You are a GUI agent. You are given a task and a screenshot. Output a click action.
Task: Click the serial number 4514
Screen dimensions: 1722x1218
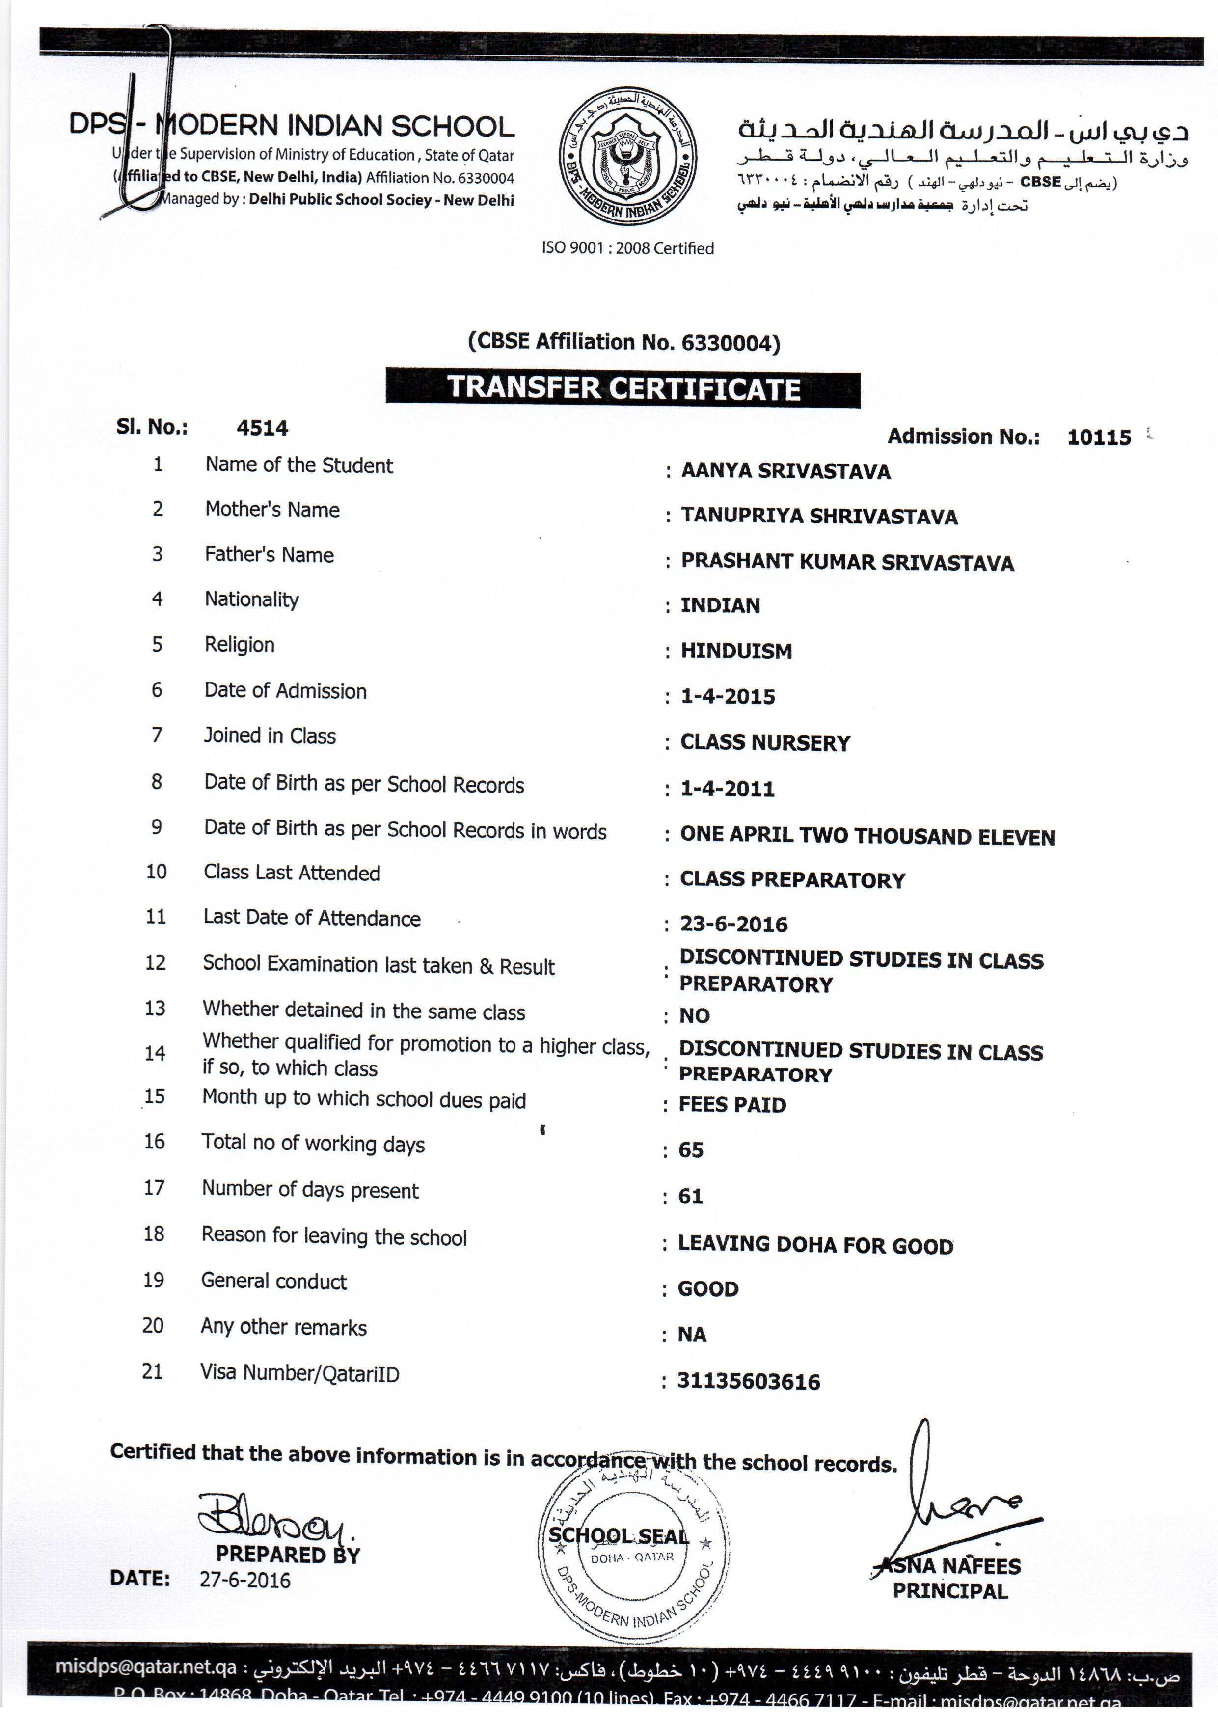[262, 428]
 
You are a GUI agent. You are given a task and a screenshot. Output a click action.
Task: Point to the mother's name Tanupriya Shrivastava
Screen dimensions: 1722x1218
[818, 516]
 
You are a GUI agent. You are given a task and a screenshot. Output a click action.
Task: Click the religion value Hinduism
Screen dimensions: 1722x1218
[736, 651]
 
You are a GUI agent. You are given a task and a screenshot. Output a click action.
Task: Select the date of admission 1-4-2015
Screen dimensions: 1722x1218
[728, 697]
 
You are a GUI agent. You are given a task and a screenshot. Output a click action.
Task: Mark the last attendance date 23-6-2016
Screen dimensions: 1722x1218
[733, 924]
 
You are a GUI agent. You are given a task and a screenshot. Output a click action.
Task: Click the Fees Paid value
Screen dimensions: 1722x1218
[732, 1105]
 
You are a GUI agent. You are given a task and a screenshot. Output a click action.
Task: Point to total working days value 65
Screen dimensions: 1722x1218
[691, 1150]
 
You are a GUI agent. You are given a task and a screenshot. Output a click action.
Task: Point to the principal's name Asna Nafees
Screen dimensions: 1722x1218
[950, 1567]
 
